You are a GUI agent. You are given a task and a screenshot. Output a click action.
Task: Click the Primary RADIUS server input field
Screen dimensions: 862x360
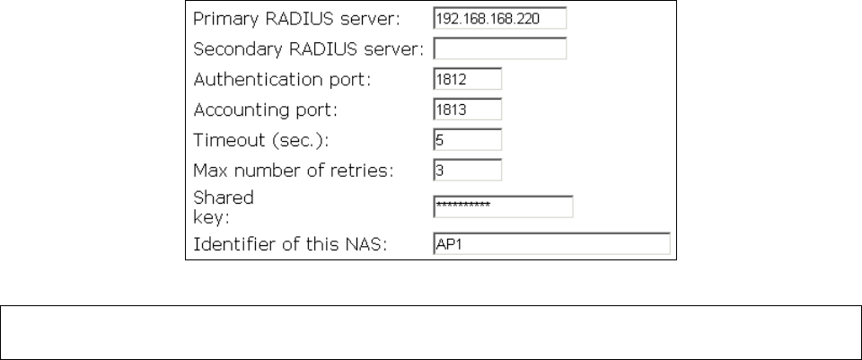coord(499,18)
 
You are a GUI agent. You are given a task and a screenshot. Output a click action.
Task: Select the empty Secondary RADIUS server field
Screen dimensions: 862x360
coord(499,48)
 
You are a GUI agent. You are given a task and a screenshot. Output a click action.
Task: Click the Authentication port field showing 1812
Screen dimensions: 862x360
coord(467,78)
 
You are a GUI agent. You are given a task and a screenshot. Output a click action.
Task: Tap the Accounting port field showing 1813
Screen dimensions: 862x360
coord(467,110)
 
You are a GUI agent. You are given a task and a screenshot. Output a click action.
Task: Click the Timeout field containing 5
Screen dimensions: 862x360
coord(467,140)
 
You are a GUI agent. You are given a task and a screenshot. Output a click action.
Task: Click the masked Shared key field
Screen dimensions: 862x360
coord(502,206)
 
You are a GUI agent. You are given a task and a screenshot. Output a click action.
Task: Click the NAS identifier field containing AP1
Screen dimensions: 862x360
coord(551,244)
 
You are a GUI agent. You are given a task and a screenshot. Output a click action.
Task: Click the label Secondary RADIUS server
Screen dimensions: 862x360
coord(308,48)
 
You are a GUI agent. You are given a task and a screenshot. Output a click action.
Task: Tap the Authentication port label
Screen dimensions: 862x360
coord(282,79)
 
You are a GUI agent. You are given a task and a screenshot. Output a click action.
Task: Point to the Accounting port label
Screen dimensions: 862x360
coord(265,110)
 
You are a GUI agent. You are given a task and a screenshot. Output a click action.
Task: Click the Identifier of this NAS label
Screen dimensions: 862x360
coord(290,244)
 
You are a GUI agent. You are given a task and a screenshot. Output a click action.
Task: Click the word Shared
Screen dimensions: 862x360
coord(224,197)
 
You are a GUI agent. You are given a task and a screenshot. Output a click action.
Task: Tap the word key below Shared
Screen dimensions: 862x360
coord(208,215)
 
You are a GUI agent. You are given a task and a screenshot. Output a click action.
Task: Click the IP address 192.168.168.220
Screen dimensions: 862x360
coord(474,18)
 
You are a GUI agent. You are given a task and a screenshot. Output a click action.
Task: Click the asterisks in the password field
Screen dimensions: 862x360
coord(462,206)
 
